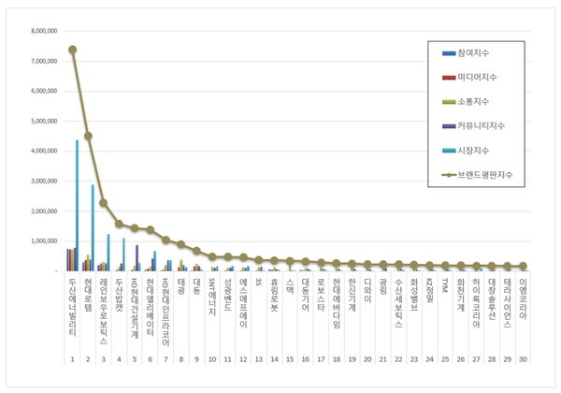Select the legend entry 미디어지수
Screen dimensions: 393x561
pyautogui.click(x=477, y=77)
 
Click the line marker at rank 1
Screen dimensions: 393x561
pyautogui.click(x=73, y=50)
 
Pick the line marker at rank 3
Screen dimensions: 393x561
pyautogui.click(x=103, y=202)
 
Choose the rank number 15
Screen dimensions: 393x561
pyautogui.click(x=290, y=359)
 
